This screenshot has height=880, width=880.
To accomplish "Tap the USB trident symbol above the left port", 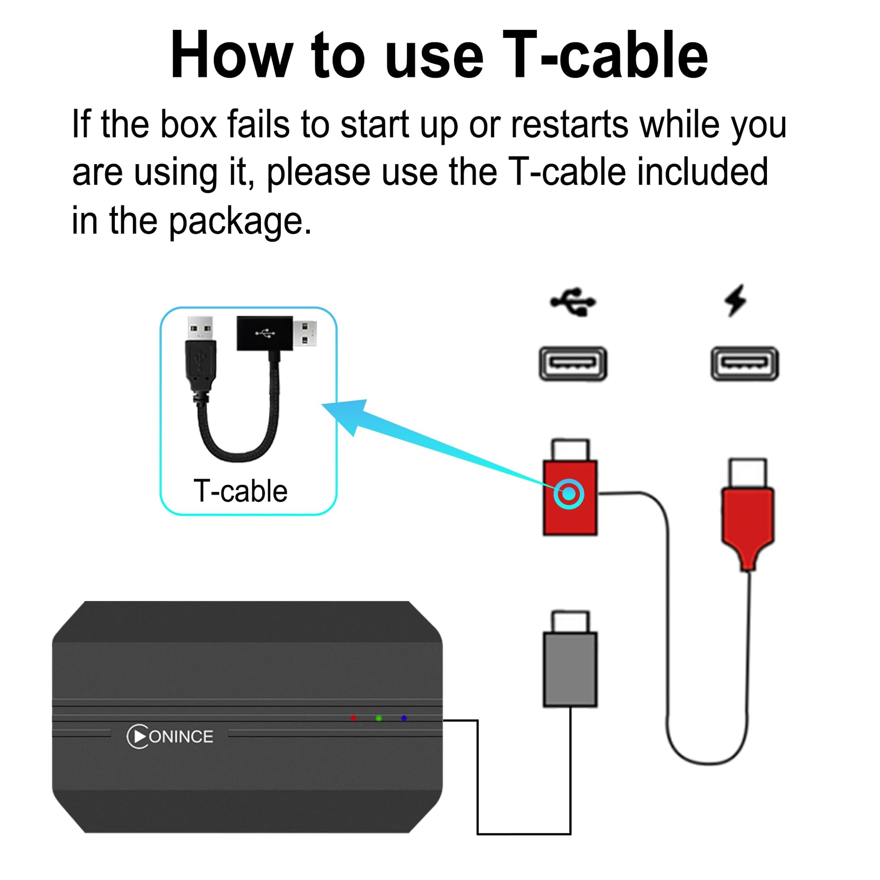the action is click(572, 301).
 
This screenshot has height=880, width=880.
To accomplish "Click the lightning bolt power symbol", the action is click(736, 300).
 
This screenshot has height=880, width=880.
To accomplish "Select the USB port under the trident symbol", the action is click(572, 364).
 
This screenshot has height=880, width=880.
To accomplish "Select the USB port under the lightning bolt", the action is click(745, 364).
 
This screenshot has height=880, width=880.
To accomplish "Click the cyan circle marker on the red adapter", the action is click(569, 494).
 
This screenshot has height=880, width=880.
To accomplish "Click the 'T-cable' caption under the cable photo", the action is click(241, 491).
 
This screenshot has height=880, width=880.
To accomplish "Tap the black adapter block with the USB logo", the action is click(265, 333).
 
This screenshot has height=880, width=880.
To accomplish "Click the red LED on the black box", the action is click(354, 718).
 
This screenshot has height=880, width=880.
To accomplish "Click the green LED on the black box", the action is click(378, 718).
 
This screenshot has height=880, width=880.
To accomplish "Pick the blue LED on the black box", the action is click(404, 718).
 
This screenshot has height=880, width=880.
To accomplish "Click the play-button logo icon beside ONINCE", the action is click(137, 737).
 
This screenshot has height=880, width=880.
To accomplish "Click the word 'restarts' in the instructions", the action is click(569, 124).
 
